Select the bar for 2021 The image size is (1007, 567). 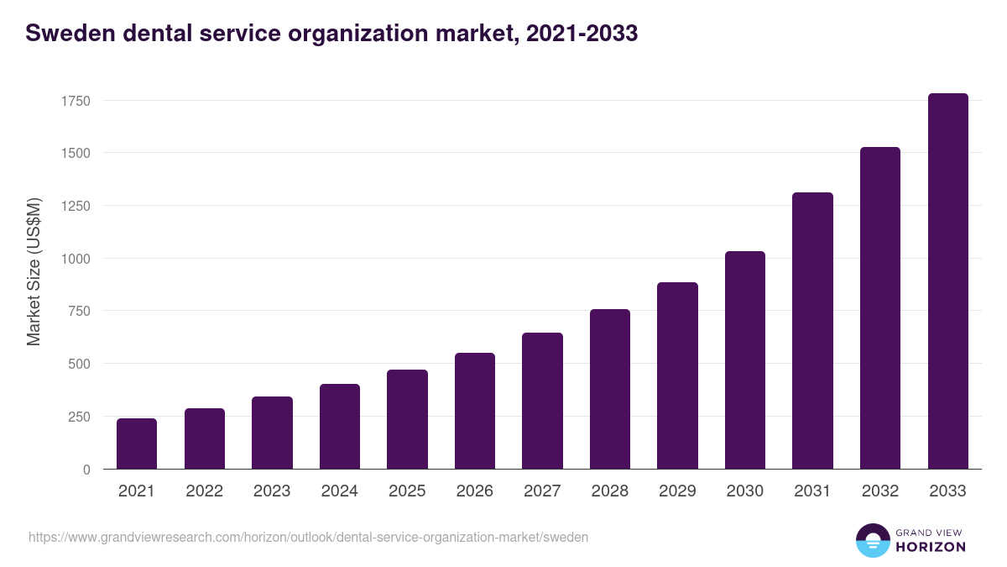pos(137,444)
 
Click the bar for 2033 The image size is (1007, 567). pos(947,281)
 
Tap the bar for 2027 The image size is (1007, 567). pos(542,401)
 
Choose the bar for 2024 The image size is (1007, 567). pos(340,426)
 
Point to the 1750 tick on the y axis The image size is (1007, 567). pos(76,101)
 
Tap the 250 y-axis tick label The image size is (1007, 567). pos(79,417)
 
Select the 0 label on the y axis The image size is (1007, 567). pos(86,470)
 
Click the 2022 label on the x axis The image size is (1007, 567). pos(204,491)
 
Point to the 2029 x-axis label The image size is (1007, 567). pos(677,491)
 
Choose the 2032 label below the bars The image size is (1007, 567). pos(879,491)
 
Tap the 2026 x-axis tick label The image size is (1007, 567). pos(474,491)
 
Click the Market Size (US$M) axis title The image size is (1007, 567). pos(34,271)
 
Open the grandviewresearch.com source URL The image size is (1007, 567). pos(309,537)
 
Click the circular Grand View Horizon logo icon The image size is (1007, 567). pos(872,540)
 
